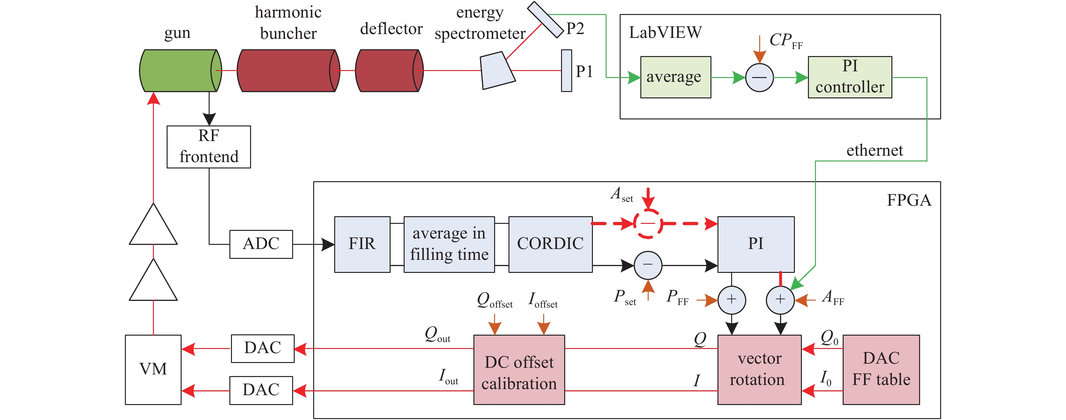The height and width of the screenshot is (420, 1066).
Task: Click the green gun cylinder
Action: point(178,71)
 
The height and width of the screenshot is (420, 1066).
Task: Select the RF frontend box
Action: point(209,147)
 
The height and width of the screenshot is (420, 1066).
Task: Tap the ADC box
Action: point(261,244)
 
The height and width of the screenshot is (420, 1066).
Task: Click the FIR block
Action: point(362,244)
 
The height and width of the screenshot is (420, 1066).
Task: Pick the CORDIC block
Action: point(551,244)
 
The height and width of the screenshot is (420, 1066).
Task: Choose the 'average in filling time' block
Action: point(449,244)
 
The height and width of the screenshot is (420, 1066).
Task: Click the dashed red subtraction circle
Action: point(648,224)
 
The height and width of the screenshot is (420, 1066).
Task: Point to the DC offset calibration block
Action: point(519,369)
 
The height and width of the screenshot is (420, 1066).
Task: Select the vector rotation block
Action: point(760,369)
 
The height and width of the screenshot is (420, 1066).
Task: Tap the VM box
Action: point(153,369)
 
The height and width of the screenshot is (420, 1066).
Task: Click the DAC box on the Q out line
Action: point(263,348)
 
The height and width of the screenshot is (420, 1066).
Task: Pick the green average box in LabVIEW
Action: point(675,77)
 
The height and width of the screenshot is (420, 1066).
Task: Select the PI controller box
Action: point(850,77)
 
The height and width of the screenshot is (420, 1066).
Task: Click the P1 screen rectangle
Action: point(566,71)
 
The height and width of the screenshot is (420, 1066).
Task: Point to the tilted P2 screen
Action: point(545,19)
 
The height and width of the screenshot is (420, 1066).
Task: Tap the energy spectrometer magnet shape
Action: point(497,71)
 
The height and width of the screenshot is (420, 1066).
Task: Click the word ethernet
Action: point(875,151)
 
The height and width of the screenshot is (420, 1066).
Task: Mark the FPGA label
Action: point(909,201)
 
